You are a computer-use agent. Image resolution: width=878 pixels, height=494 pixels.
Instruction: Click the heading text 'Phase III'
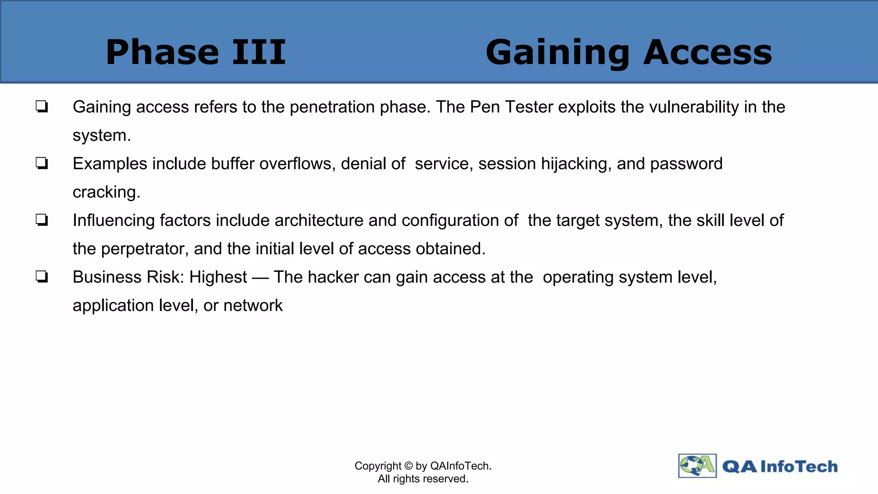pyautogui.click(x=195, y=52)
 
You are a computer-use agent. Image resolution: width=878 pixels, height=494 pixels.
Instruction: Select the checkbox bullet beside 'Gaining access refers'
pyautogui.click(x=42, y=106)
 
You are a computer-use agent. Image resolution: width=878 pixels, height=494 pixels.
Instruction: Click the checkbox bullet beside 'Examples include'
pyautogui.click(x=42, y=163)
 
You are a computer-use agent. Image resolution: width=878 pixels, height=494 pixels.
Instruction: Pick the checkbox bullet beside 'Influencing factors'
pyautogui.click(x=42, y=220)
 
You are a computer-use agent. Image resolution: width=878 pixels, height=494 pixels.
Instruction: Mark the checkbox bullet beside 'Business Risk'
pyautogui.click(x=42, y=277)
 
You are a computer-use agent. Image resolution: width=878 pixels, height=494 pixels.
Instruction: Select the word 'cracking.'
pyautogui.click(x=106, y=192)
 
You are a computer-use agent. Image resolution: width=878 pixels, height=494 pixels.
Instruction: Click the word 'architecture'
pyautogui.click(x=319, y=220)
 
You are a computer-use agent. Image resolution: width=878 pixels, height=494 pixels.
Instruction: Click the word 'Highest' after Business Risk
pyautogui.click(x=218, y=277)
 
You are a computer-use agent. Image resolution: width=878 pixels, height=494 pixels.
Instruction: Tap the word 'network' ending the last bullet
pyautogui.click(x=253, y=305)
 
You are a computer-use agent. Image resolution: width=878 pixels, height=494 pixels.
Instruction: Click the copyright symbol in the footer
pyautogui.click(x=408, y=466)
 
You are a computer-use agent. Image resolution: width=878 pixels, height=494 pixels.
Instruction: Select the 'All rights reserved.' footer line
pyautogui.click(x=423, y=479)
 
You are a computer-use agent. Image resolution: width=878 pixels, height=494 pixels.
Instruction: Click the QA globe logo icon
pyautogui.click(x=697, y=466)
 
